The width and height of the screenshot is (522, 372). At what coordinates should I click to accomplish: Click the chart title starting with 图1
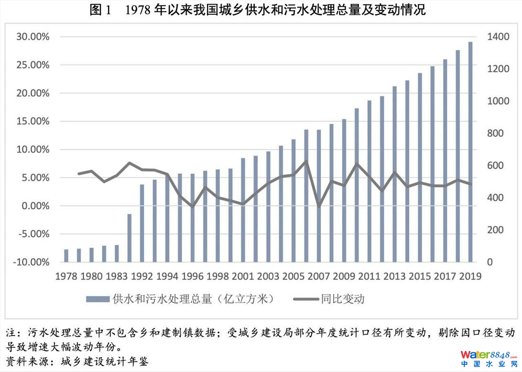258,11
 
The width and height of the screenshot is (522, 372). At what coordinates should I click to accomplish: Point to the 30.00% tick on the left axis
33,37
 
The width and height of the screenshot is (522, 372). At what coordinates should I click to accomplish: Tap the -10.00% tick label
31,262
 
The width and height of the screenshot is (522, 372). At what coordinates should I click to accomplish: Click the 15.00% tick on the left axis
33,121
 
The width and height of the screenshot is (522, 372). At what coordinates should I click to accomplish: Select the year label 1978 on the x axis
66,276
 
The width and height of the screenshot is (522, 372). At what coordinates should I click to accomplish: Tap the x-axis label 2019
470,276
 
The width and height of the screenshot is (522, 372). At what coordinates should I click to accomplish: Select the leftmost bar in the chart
66,255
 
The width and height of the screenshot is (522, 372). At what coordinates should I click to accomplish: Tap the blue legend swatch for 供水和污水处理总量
98,299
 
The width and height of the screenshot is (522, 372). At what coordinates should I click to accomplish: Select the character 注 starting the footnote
11,332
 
